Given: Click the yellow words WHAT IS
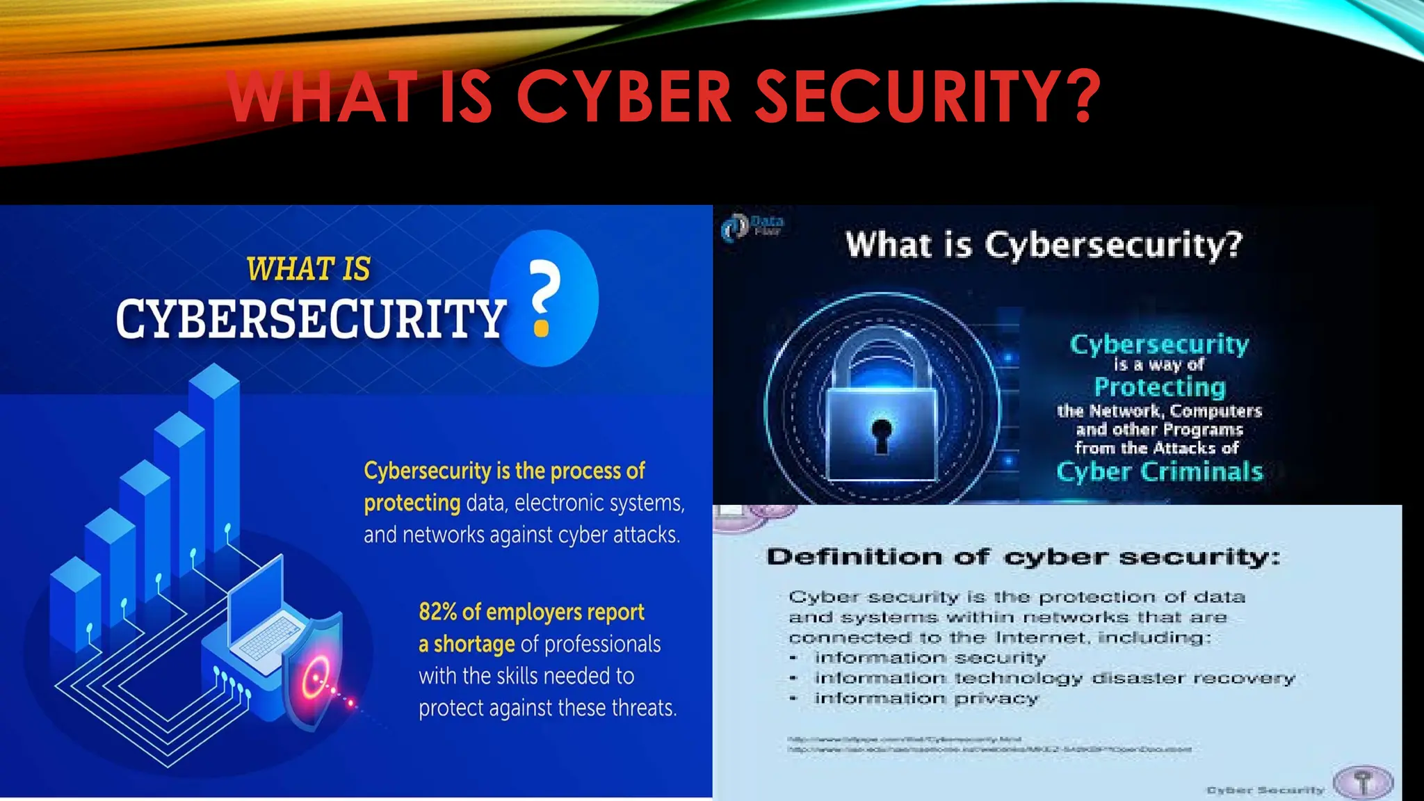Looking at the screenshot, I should (x=308, y=270).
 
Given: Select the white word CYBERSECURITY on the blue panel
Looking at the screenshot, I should (x=310, y=319).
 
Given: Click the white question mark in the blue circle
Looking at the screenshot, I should (x=544, y=298).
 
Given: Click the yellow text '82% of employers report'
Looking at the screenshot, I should (x=531, y=612).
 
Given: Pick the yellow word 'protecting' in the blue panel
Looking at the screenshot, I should (x=412, y=503).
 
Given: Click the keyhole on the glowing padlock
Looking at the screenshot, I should (x=882, y=434).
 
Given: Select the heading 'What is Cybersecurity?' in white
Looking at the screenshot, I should (x=1043, y=245).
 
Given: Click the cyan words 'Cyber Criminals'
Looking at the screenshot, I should (x=1159, y=471).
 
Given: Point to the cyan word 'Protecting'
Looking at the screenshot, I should (x=1159, y=387).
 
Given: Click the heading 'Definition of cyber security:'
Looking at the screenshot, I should (x=1022, y=557).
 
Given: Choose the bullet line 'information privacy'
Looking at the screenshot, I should (x=926, y=698).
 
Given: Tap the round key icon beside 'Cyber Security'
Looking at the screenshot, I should (x=1364, y=782).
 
